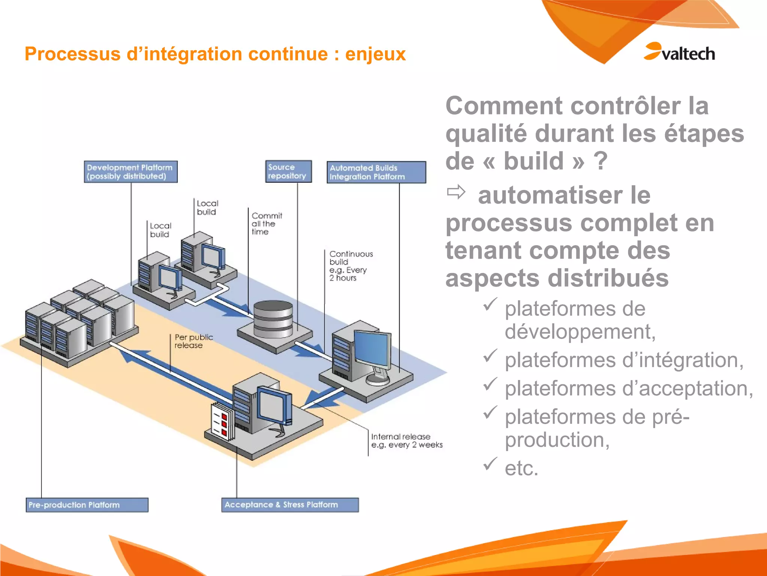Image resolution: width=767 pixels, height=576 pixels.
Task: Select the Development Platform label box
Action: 130,172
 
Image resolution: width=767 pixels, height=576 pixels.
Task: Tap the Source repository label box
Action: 288,171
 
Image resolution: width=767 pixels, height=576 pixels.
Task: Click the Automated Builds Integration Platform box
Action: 376,172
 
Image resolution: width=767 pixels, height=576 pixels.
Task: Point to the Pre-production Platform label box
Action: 87,505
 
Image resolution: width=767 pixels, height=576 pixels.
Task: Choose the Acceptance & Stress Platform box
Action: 289,505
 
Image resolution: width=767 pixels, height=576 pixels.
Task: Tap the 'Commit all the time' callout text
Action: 266,224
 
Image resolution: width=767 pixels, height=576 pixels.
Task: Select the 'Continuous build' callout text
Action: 350,265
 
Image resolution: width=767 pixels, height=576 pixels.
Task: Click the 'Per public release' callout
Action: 193,341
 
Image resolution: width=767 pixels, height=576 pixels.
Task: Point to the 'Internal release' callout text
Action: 406,441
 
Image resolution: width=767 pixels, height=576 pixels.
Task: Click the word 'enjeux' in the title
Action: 375,54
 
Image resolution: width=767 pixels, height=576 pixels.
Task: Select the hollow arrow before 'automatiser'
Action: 456,192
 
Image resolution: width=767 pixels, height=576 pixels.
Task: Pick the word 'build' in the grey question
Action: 533,161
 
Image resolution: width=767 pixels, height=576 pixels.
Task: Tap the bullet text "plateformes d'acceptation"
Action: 628,388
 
